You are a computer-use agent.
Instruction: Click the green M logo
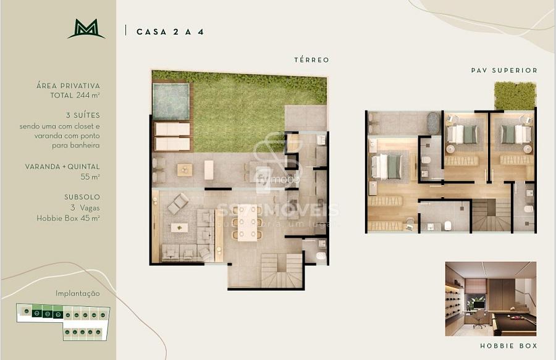(86, 29)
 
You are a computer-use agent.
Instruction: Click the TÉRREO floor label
(311, 60)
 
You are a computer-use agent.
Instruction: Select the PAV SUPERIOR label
(504, 70)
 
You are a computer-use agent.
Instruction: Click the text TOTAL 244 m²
(75, 96)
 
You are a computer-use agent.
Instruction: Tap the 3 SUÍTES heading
(82, 115)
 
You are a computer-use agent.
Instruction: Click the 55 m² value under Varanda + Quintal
(90, 177)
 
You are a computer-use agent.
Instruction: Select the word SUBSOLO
(82, 198)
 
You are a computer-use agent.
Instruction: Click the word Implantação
(77, 293)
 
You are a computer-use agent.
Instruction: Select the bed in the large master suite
(387, 166)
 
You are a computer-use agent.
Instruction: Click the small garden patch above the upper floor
(514, 95)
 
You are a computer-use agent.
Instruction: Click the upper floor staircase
(492, 216)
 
